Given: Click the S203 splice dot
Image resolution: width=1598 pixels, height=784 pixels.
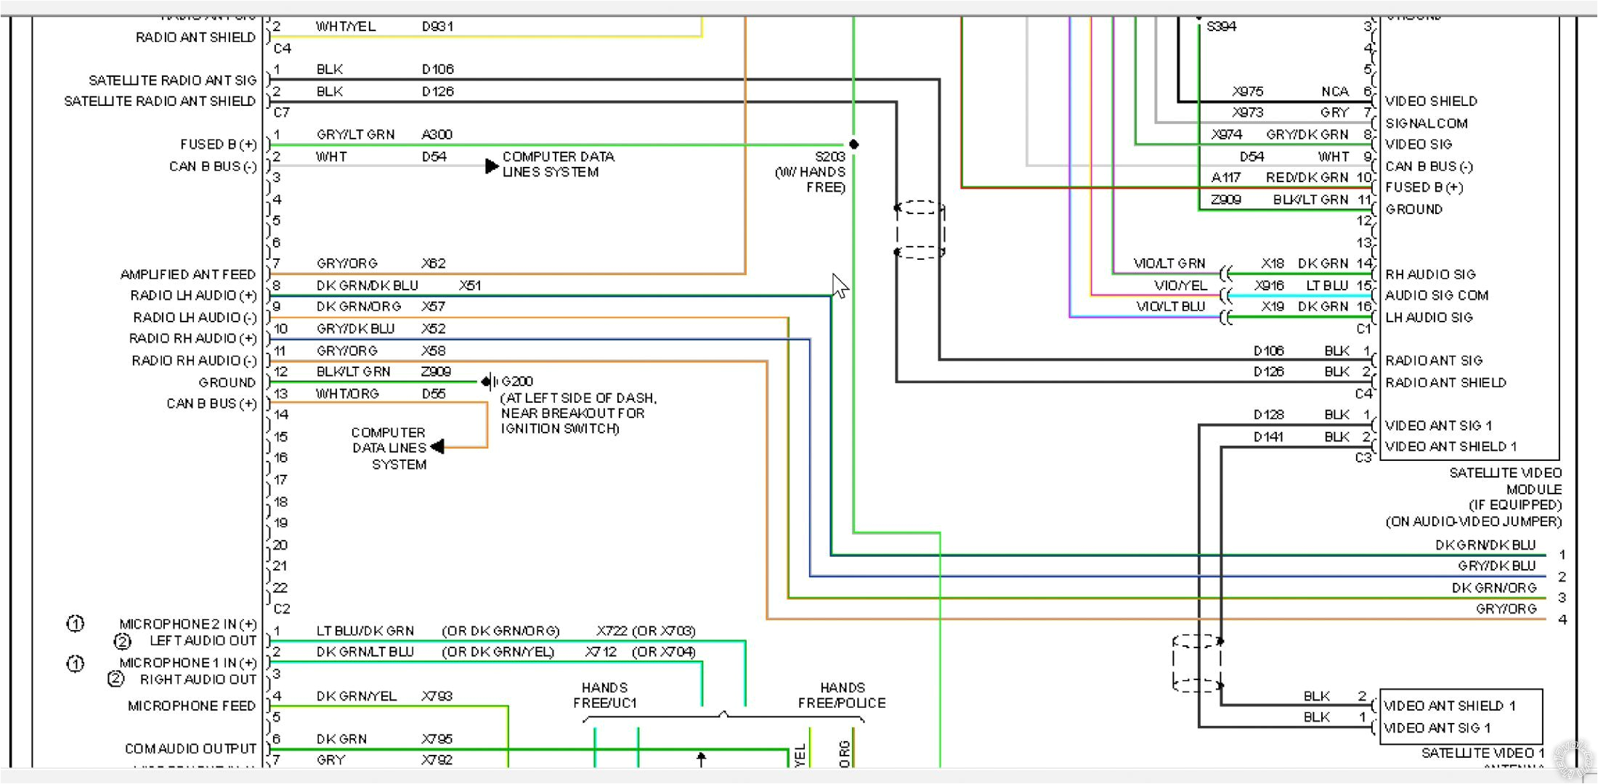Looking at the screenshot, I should pos(854,144).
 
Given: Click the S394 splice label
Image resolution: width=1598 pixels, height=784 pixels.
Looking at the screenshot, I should pos(1221,27).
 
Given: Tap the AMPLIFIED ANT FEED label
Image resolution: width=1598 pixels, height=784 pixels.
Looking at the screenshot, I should pos(188,274).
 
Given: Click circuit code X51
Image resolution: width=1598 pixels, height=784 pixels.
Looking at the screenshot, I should pos(470,285).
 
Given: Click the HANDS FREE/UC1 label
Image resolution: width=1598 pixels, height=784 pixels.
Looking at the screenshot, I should pos(604,695).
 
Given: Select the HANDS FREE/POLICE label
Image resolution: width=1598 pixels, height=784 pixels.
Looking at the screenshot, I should pos(842,695).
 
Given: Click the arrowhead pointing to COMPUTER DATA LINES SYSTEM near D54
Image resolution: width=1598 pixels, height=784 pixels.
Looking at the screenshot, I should pos(492,166).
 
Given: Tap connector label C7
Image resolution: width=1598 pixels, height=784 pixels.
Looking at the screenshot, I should pos(282,113).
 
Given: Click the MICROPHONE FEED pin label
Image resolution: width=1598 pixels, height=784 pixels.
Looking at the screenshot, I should pos(192,706).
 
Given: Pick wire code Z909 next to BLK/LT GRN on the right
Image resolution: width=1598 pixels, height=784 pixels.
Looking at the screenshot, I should pos(1226,200).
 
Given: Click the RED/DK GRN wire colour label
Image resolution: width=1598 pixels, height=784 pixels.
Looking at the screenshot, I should pos(1307,178).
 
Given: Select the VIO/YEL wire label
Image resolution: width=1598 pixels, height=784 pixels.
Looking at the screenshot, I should pos(1180,285).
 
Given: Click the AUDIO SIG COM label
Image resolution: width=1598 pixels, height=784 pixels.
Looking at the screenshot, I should pos(1437,295).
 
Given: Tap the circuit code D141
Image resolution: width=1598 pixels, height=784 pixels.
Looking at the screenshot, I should pos(1268,437).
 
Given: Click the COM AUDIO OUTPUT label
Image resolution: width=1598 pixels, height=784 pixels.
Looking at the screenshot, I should pos(190,748).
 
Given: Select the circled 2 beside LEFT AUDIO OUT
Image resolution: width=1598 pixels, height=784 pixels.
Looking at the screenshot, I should pos(122,642).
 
